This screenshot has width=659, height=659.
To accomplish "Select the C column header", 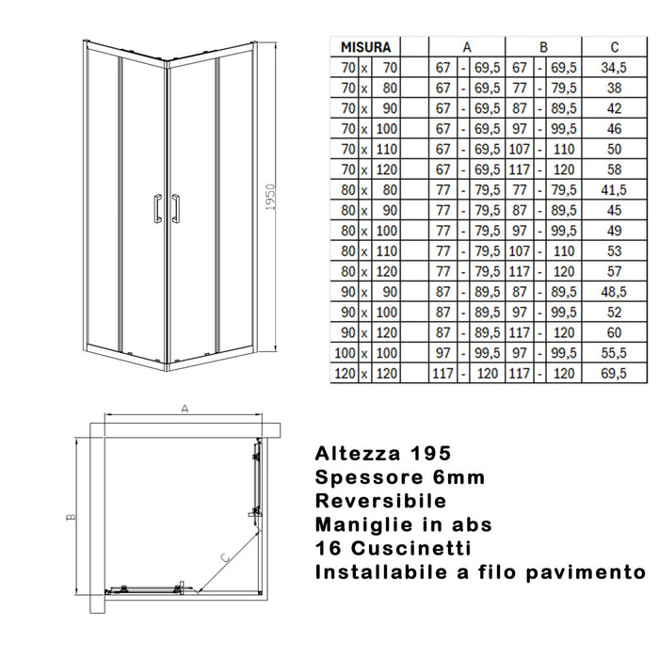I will tap(615, 45).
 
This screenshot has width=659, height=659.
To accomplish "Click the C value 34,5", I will tap(615, 66).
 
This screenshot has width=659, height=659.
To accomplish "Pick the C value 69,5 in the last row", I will tap(615, 374).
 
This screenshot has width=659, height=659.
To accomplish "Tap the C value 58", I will tap(615, 169).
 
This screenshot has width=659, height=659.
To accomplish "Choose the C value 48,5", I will tap(615, 292).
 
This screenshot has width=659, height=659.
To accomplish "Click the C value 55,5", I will tap(615, 353).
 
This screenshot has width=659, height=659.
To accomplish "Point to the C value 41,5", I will tap(615, 189).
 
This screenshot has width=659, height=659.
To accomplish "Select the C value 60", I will tap(615, 332).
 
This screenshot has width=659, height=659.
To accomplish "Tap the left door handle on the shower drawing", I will tap(153, 209).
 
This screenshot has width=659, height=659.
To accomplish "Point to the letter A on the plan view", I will tap(185, 409).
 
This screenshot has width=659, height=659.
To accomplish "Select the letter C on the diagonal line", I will tap(223, 557).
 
